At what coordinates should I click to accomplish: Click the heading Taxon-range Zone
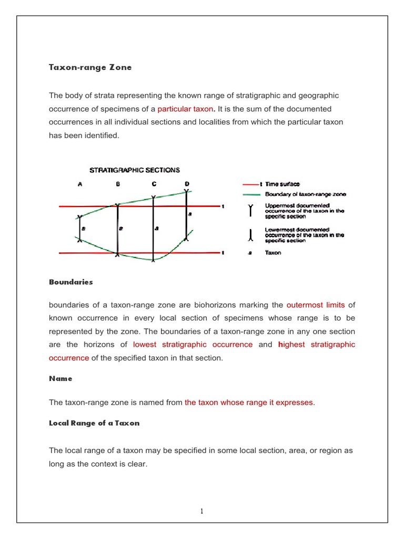[x=90, y=68]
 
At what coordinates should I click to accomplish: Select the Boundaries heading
[x=70, y=282]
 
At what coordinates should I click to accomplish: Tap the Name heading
[x=60, y=378]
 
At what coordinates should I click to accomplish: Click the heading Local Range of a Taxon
[x=94, y=423]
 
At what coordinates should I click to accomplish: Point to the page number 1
[x=202, y=511]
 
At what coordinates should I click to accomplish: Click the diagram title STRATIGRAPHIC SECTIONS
[x=135, y=170]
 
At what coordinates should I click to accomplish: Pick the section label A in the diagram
[x=80, y=184]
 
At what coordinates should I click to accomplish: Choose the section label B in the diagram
[x=118, y=184]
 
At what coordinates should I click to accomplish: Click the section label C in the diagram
[x=154, y=184]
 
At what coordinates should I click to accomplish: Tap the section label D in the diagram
[x=187, y=183]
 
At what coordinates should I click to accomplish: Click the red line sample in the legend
[x=250, y=184]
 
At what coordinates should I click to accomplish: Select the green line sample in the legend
[x=250, y=194]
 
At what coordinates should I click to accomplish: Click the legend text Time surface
[x=282, y=184]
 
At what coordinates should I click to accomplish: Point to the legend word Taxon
[x=273, y=253]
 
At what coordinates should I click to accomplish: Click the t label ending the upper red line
[x=223, y=206]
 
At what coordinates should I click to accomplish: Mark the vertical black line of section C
[x=153, y=231]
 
